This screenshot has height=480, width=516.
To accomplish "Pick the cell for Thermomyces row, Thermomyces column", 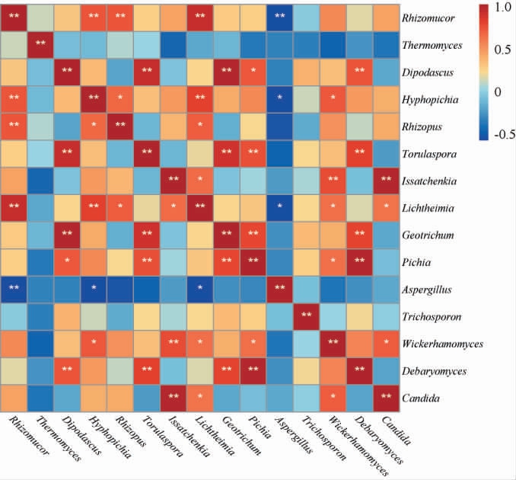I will click(x=42, y=44).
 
